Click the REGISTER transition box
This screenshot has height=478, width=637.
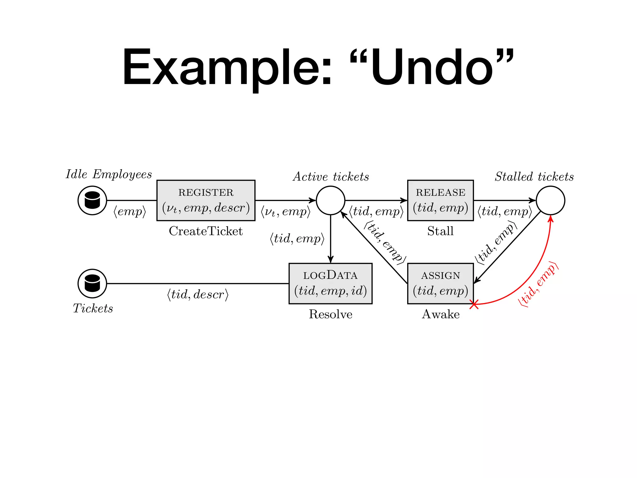pyautogui.click(x=206, y=200)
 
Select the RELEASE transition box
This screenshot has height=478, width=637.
pyautogui.click(x=440, y=200)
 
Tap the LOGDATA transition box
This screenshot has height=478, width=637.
pyautogui.click(x=330, y=284)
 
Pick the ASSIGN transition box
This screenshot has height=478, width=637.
pyautogui.click(x=440, y=284)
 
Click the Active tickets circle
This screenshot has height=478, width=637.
pyautogui.click(x=330, y=200)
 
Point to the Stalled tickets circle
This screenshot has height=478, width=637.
pyautogui.click(x=550, y=200)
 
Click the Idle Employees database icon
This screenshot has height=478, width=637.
pyautogui.click(x=92, y=200)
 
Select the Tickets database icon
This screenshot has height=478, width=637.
pyautogui.click(x=92, y=284)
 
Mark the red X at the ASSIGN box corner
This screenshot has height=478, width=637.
pyautogui.click(x=474, y=304)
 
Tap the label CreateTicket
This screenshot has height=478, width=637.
pyautogui.click(x=206, y=231)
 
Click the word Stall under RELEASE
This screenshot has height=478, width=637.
pyautogui.click(x=440, y=231)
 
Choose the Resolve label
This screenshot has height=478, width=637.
pyautogui.click(x=330, y=314)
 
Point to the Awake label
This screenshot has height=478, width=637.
pyautogui.click(x=440, y=314)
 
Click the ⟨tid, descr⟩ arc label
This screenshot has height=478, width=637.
pyautogui.click(x=198, y=294)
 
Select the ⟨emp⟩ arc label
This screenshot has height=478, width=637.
pyautogui.click(x=130, y=212)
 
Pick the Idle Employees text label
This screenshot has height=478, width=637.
pyautogui.click(x=109, y=174)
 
